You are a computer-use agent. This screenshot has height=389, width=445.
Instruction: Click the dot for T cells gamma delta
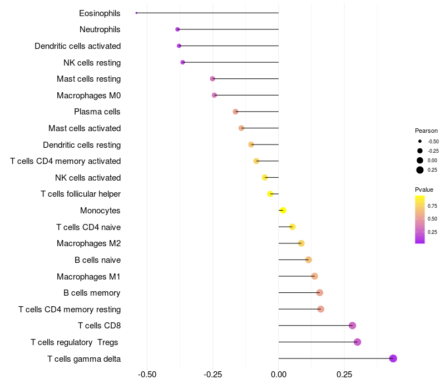point(393,358)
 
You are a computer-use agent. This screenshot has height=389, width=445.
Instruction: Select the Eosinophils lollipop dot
point(136,13)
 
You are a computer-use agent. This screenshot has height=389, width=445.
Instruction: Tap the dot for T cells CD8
point(352,326)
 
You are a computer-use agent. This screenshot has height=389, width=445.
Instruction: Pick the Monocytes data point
point(283,211)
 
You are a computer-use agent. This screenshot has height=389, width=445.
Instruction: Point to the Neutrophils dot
point(177,29)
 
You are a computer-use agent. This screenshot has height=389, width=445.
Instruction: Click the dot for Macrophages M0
point(215,95)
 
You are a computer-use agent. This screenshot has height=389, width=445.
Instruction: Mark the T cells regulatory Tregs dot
point(357,342)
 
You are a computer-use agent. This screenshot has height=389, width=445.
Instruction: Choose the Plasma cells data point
point(235,112)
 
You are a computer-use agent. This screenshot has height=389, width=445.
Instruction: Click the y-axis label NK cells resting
point(92,63)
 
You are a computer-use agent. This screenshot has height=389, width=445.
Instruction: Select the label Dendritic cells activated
point(78,46)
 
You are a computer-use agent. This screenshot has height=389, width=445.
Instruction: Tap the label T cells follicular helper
point(81,194)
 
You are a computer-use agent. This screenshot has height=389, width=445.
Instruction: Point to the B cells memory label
point(92,293)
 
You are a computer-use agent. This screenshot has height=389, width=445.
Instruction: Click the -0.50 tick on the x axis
point(147,375)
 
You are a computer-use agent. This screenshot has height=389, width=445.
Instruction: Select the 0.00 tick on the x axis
point(278,375)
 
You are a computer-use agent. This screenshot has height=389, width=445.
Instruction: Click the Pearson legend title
point(426,131)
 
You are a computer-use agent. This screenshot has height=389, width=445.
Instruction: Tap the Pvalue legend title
point(424,189)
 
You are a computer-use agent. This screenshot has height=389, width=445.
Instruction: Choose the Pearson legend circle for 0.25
point(420,170)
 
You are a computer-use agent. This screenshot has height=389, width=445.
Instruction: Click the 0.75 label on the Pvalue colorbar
point(432,206)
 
